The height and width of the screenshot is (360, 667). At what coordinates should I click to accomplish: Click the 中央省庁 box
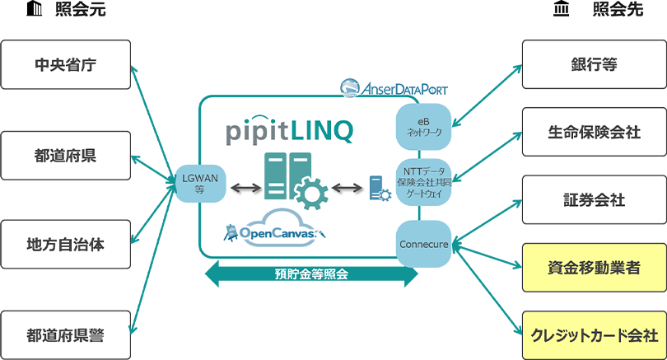coord(66,64)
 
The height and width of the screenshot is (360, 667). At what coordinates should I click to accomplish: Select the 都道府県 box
coord(66,155)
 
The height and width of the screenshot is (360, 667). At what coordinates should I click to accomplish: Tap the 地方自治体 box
coord(66,245)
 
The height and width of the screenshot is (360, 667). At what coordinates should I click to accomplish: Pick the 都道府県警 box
coord(66,334)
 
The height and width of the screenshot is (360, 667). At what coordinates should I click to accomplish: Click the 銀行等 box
coord(594,64)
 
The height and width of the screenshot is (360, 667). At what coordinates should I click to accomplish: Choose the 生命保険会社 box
coord(594,132)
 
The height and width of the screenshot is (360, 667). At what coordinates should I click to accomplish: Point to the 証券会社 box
coord(594,200)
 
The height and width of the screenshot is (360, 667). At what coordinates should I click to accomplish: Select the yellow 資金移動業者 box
coord(594,267)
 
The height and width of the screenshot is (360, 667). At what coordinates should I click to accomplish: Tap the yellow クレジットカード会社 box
coord(594,334)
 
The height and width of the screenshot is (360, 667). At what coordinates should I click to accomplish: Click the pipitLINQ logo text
coord(289,129)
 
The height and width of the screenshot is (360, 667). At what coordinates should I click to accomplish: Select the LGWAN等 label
coord(198,183)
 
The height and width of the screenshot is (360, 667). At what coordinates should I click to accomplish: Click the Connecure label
coord(423,244)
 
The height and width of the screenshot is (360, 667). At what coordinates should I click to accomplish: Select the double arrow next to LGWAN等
coord(245,189)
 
